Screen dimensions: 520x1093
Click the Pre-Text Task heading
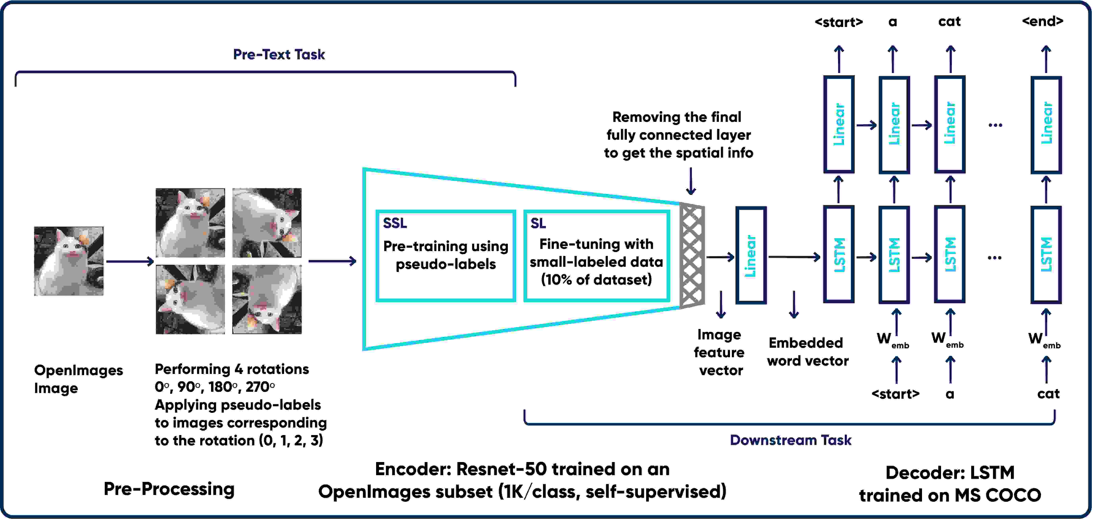coord(279,54)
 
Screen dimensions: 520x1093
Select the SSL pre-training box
coord(446,256)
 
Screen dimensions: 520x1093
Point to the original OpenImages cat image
coord(69,261)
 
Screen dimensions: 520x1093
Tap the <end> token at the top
coord(1042,21)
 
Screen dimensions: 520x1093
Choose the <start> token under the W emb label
coord(895,394)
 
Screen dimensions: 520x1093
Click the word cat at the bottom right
coord(1048,394)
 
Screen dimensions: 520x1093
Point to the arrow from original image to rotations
coord(129,261)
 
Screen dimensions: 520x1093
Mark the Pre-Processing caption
coord(169,489)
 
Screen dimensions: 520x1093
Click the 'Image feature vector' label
coord(720,352)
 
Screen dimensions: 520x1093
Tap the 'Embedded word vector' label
coord(807,351)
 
